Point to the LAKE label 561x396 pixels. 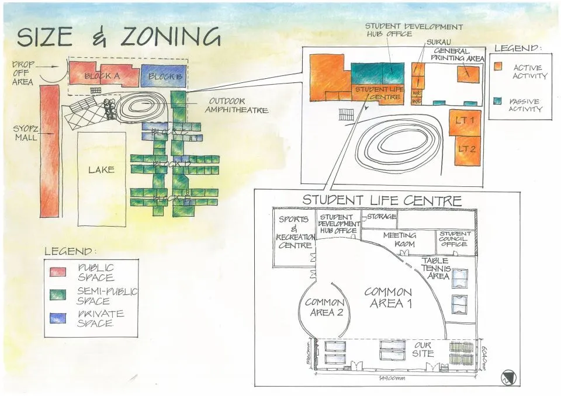tap(101, 170)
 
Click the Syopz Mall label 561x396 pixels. tap(26, 133)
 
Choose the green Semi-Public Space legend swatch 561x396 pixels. tap(58, 296)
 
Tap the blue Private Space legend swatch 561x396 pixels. tap(58, 318)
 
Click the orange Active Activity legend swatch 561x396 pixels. tap(498, 67)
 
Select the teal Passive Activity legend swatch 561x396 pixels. tap(498, 100)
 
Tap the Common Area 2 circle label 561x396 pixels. tap(324, 307)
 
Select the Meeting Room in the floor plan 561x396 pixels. tap(399, 239)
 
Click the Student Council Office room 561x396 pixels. tap(455, 239)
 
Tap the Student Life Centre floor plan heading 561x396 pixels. tap(382, 200)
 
